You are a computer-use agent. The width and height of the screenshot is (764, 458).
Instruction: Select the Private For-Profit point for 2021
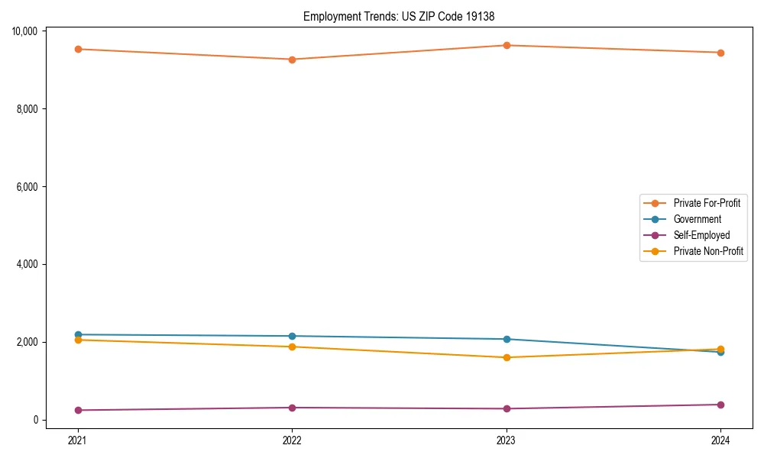[x=78, y=49]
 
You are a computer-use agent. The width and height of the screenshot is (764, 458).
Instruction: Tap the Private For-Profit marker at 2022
[x=292, y=60]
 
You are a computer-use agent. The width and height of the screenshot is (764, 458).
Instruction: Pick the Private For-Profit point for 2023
[x=507, y=45]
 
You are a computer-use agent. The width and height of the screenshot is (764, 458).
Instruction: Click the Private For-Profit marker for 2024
[x=720, y=53]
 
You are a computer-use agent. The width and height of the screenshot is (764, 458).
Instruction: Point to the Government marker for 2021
[x=78, y=334]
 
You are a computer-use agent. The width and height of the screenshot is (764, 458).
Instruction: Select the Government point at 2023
[x=507, y=339]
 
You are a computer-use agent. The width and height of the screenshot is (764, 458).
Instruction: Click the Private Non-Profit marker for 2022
[x=292, y=347]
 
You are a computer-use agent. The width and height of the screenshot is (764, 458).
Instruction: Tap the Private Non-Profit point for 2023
[x=507, y=357]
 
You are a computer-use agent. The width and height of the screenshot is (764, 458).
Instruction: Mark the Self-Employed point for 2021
[x=78, y=410]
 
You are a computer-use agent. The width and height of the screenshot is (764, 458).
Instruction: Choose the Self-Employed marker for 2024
[x=720, y=405]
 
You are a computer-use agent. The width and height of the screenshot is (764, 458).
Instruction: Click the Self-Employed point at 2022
[x=292, y=408]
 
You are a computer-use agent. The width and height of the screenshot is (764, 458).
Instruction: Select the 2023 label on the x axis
[x=507, y=440]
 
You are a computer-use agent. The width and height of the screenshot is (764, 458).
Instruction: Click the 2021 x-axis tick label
[x=78, y=440]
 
